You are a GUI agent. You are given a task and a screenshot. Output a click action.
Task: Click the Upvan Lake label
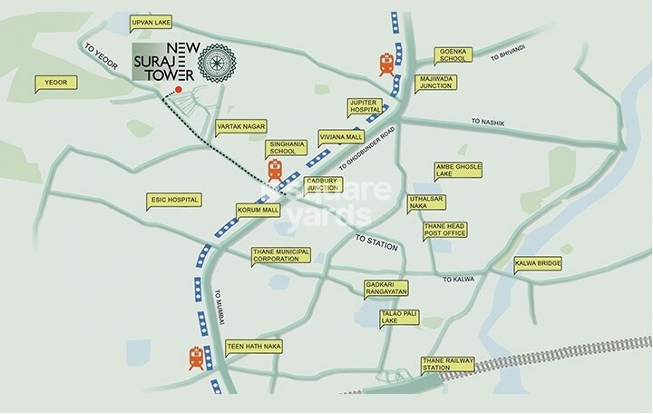point(126,22)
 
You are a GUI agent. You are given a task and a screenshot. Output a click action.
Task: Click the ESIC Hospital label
point(172,199)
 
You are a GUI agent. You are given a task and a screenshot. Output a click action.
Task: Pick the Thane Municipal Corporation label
point(282,255)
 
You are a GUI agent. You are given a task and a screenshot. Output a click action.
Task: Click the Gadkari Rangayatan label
point(385,288)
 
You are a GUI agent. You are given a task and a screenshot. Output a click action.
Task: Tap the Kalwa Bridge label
point(538,264)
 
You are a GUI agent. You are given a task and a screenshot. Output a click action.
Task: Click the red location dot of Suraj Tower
point(180,91)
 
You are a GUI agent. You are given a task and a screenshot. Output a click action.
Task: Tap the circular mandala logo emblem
point(215,64)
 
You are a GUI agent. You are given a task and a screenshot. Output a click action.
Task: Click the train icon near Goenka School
point(386,64)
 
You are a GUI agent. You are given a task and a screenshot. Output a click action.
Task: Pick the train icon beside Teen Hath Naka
point(196,358)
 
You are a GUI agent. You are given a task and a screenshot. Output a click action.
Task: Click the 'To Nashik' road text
point(487,122)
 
